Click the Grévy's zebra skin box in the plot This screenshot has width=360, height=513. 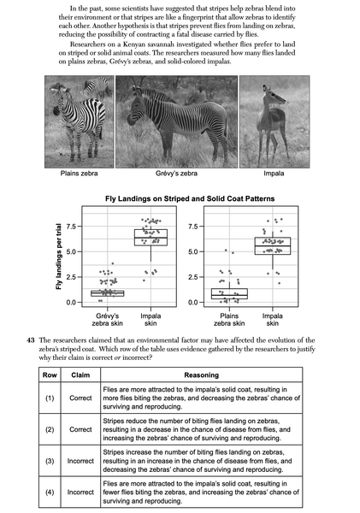(x=108, y=292)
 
